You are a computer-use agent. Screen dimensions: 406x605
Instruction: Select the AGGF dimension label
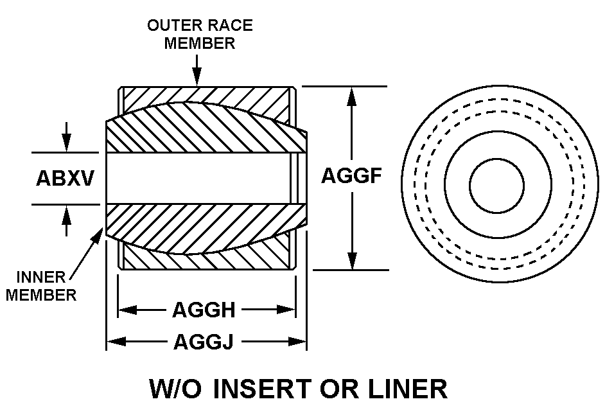click(x=348, y=175)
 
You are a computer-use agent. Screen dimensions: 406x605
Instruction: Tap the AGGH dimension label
click(x=204, y=310)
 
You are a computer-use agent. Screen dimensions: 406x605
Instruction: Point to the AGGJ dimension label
click(x=204, y=342)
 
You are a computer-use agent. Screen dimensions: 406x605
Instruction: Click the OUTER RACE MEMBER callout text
click(x=200, y=34)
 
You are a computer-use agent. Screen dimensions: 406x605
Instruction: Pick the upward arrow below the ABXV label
click(x=66, y=214)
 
